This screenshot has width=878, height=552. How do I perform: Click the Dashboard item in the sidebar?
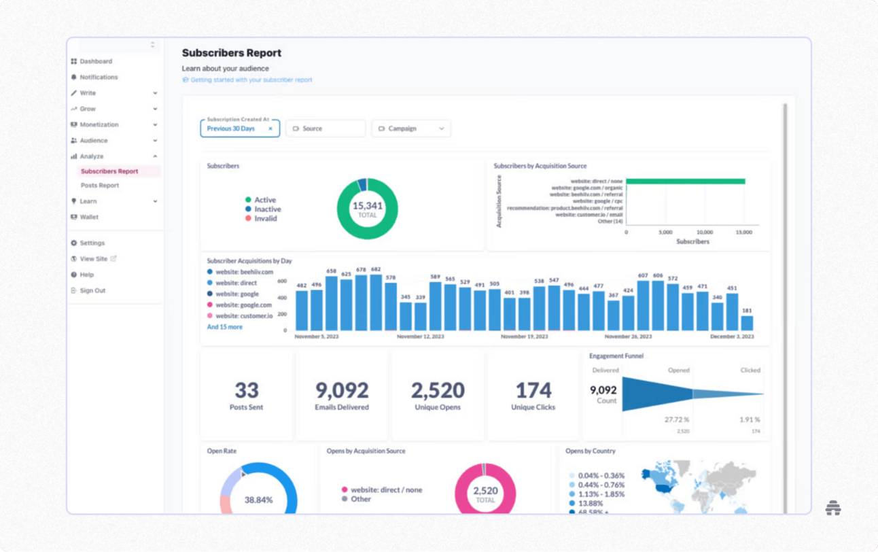coord(95,61)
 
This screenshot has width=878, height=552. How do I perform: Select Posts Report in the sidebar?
coord(100,186)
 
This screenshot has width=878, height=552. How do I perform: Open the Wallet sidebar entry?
coord(89,217)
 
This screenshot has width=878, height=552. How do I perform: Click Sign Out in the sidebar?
coord(92,290)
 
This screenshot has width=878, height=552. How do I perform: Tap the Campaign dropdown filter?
coord(411,128)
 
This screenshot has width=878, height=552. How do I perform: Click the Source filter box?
coord(326,128)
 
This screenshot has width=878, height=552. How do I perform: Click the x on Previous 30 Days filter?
coord(270,128)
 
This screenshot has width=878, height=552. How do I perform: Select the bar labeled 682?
coord(376,303)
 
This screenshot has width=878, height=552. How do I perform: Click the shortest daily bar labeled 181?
coord(747,323)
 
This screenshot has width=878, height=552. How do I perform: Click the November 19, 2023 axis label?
coord(524,337)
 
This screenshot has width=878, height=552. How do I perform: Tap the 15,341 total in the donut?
coord(367,209)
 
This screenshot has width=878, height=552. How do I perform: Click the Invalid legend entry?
coord(265,218)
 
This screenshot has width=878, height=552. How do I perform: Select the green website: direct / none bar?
coord(685,182)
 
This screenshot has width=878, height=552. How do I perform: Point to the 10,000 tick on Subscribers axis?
coord(705,232)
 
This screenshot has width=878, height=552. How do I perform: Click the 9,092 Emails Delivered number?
coord(342,390)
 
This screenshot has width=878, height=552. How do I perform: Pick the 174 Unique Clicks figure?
coord(533,390)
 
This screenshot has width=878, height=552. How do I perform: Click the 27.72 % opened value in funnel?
coord(677,420)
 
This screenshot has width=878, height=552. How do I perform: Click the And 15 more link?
coord(224,327)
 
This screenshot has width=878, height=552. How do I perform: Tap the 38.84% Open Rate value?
coord(258,500)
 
